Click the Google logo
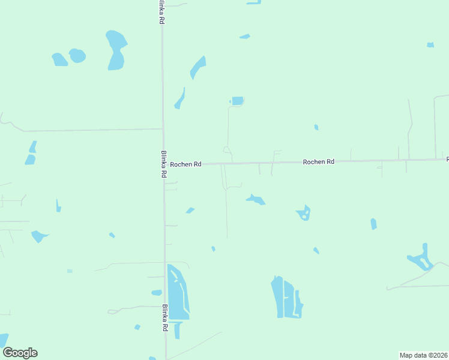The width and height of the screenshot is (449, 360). point(20,353)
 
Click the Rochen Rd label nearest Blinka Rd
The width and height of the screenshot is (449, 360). point(185,164)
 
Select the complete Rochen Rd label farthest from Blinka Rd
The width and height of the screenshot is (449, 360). point(318,161)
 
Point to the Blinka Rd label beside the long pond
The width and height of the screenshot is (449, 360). point(164,318)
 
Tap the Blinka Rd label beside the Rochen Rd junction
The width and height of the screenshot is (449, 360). point(163,164)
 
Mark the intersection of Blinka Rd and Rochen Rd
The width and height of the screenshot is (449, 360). point(164,163)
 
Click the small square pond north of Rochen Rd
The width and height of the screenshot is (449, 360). point(237,101)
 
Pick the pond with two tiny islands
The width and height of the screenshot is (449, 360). point(304,212)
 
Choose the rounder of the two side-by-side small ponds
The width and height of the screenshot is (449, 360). point(77,56)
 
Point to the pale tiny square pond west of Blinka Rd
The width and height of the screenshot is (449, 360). point(70,271)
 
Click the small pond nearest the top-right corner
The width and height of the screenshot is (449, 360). point(430,45)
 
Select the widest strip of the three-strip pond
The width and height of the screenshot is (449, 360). point(277,297)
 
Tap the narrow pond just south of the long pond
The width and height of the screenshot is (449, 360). point(178,331)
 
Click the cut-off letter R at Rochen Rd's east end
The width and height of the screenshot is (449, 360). point(447,159)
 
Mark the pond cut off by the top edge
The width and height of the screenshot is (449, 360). point(253,2)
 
